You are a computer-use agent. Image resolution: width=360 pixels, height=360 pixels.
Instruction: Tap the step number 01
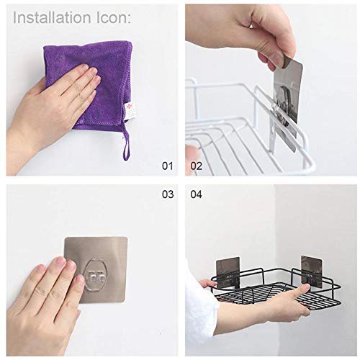167,166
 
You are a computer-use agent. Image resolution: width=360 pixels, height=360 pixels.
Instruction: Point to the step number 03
167,194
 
